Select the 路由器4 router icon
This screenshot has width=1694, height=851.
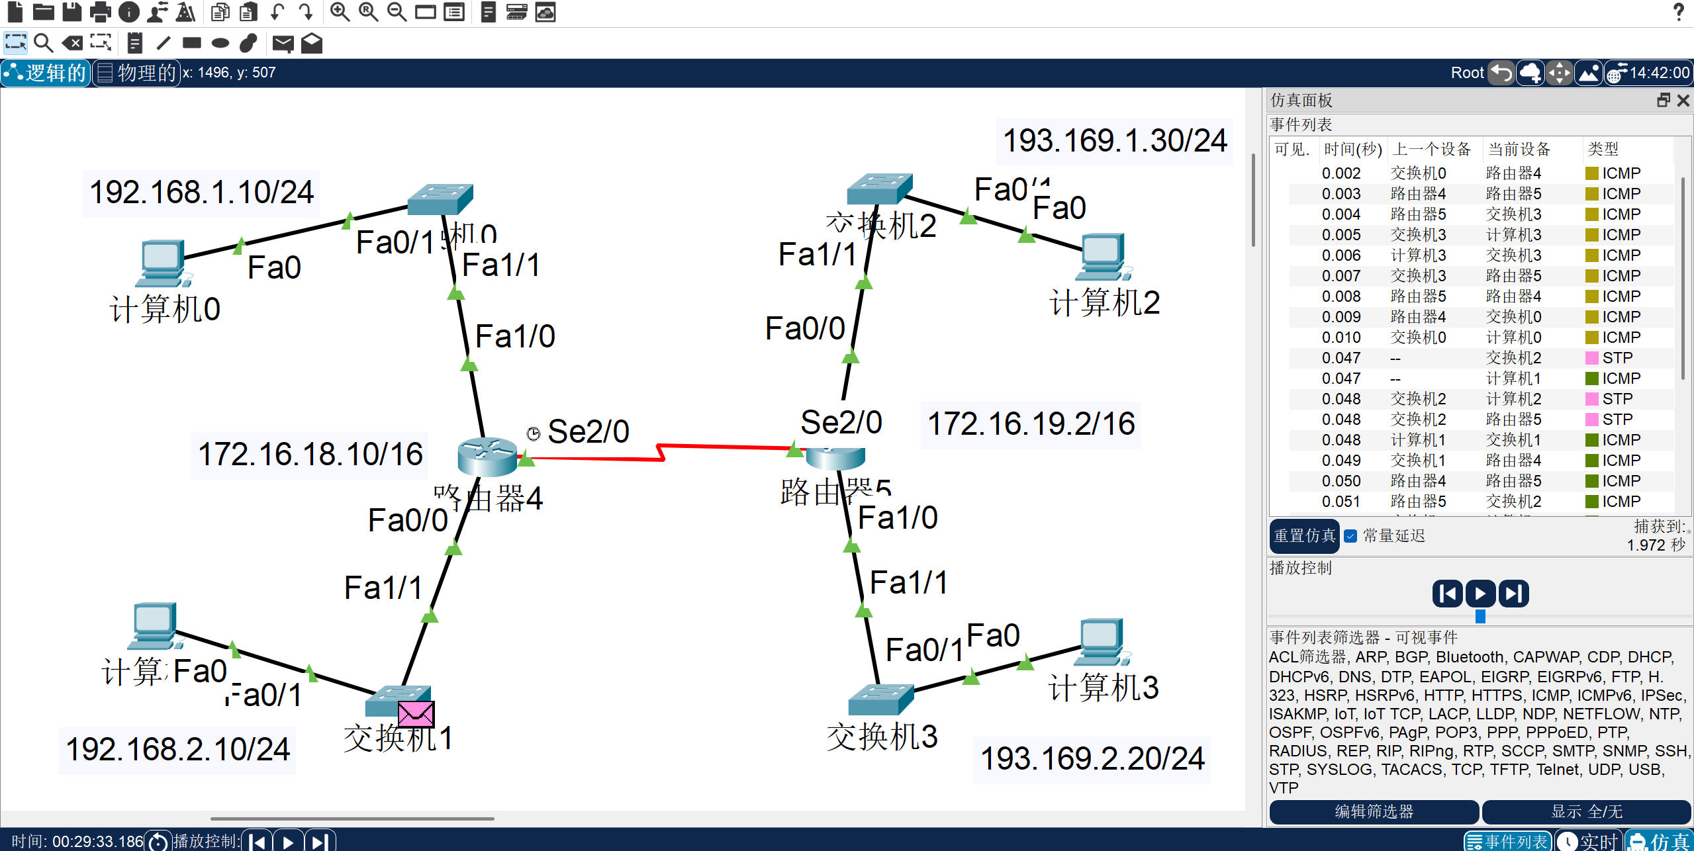487,456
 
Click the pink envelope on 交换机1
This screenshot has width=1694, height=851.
416,714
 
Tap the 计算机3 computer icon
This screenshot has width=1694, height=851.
1102,641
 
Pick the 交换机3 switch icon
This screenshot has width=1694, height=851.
880,699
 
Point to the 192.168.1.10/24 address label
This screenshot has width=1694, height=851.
201,193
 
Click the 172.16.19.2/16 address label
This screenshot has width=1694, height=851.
1031,424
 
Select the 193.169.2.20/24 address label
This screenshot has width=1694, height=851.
1092,759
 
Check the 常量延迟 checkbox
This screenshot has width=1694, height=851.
1350,536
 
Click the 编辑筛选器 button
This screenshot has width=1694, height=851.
1374,811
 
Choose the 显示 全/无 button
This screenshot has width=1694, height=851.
1586,811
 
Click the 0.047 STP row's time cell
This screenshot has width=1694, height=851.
1341,358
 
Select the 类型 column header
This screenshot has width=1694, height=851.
1603,149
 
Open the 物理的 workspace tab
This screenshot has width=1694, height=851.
137,73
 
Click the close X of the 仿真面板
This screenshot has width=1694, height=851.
1683,101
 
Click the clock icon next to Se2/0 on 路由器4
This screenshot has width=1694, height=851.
533,433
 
